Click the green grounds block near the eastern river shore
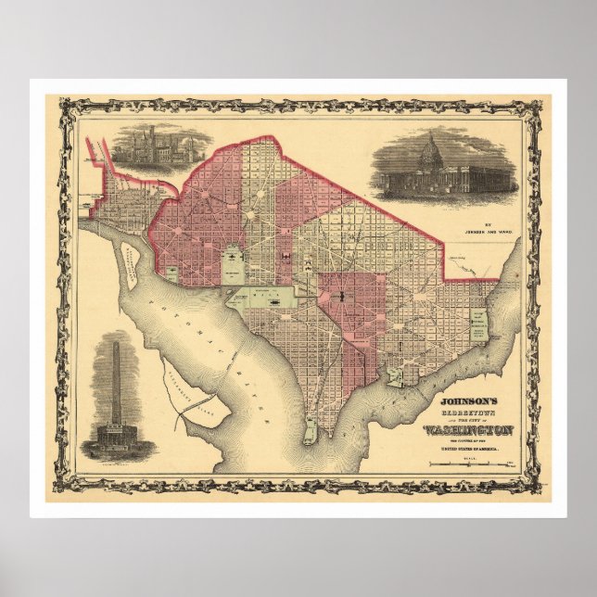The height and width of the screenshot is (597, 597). [479, 327]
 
